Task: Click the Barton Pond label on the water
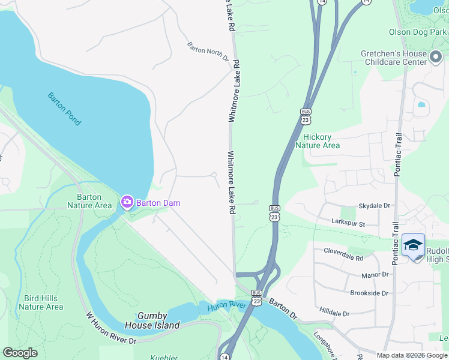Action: click(x=64, y=109)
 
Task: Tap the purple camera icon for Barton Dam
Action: click(x=127, y=202)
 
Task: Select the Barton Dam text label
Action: click(x=158, y=203)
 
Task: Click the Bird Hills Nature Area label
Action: click(x=41, y=302)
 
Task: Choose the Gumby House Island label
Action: click(x=152, y=320)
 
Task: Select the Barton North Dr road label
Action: click(x=208, y=52)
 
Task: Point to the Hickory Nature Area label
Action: click(x=318, y=141)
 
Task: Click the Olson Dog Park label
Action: click(x=418, y=32)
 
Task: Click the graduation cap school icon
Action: click(x=413, y=245)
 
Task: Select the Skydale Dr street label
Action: click(x=374, y=206)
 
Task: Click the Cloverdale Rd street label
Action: click(x=343, y=254)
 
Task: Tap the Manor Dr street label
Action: click(x=375, y=274)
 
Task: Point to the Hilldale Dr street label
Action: click(x=334, y=313)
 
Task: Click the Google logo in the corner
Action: click(x=20, y=353)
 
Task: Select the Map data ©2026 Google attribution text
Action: click(x=412, y=355)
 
